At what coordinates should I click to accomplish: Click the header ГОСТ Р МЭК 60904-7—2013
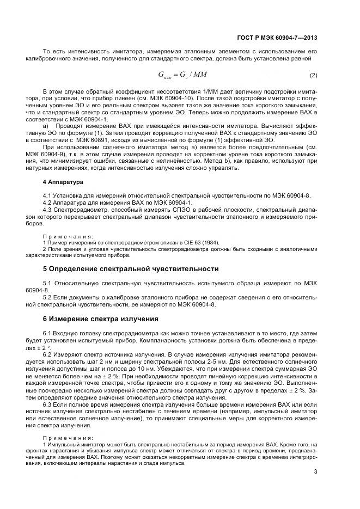[x=278, y=38]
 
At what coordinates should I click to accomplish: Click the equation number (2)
[x=313, y=75]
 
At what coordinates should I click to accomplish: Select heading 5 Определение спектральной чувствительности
[x=131, y=269]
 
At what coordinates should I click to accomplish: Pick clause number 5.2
[x=47, y=297]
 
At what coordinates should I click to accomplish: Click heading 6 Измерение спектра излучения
[x=101, y=318]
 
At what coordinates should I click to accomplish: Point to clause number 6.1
[x=47, y=332]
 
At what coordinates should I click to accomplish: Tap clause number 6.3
[x=47, y=405]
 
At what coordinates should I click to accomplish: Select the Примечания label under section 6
[x=68, y=438]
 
